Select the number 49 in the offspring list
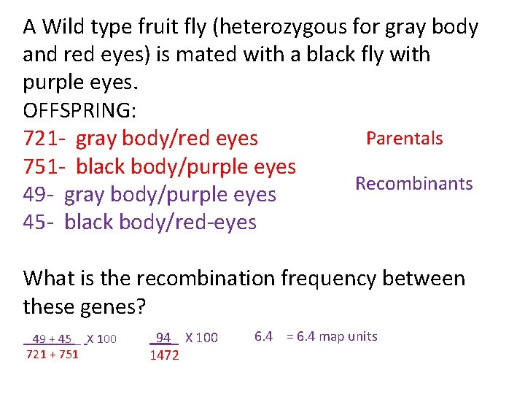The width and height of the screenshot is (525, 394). [x=34, y=195]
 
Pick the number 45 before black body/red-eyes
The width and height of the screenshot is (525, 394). [x=34, y=222]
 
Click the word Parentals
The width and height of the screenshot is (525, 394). [x=404, y=139]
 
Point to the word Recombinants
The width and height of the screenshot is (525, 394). [x=413, y=183]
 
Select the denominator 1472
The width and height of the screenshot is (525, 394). [x=164, y=356]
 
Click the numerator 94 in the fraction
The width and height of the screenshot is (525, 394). [x=164, y=338]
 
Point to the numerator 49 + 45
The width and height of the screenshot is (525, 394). [x=52, y=339]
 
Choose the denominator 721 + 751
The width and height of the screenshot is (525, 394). [x=52, y=355]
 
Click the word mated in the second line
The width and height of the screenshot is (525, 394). [x=196, y=55]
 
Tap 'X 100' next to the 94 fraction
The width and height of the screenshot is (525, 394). [x=202, y=338]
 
